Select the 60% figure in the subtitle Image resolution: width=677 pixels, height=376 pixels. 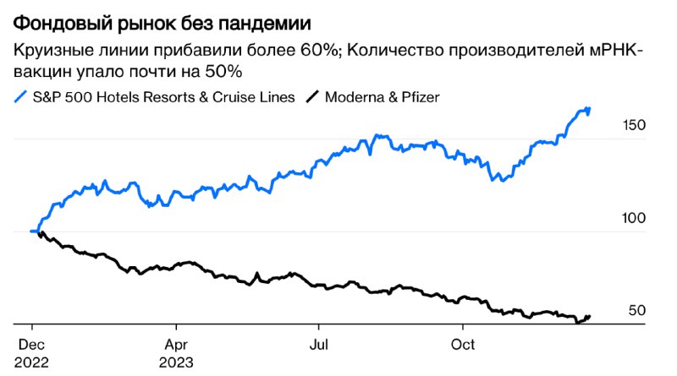[312, 51]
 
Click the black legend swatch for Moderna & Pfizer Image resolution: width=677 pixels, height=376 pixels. [311, 97]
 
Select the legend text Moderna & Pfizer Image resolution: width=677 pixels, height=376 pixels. [383, 97]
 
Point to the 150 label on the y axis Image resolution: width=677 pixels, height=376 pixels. [634, 125]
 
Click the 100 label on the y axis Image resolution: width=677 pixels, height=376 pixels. [634, 218]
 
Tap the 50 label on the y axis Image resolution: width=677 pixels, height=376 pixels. [637, 311]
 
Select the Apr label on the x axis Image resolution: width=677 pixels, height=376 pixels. [175, 345]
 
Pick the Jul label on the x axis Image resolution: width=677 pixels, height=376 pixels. [319, 345]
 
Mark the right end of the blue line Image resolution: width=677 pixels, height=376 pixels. [589, 109]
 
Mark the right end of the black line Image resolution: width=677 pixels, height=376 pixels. [590, 317]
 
